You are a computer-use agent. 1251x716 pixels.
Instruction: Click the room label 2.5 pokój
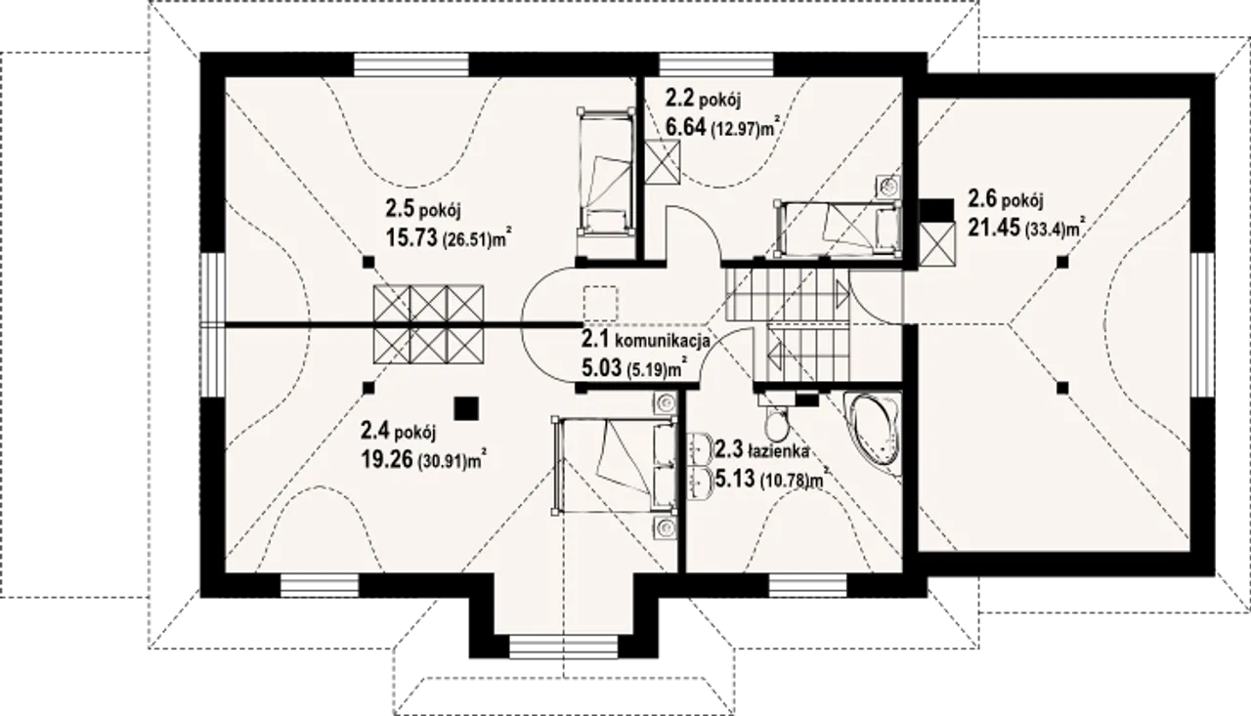[423, 210]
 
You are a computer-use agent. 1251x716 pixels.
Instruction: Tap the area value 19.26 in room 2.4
[386, 459]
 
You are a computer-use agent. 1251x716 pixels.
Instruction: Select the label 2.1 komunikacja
[646, 339]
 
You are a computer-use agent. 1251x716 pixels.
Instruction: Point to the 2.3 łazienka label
[761, 449]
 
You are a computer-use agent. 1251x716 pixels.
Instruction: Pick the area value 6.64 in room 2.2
[686, 127]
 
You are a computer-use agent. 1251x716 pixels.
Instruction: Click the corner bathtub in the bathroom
[872, 436]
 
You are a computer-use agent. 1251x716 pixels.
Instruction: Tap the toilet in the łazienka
[776, 422]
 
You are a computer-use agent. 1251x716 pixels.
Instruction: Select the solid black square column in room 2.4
[466, 408]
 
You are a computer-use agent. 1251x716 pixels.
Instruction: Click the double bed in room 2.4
[615, 465]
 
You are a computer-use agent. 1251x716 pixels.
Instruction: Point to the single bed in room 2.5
[607, 171]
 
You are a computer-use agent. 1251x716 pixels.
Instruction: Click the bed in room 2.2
[838, 230]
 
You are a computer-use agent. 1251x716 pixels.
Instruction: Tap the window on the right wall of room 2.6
[1202, 331]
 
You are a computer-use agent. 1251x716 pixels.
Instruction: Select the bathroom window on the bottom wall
[807, 585]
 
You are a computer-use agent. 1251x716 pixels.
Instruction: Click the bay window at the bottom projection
[564, 647]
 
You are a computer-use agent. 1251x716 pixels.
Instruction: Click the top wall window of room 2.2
[717, 64]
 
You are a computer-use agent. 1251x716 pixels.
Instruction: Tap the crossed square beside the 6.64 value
[663, 161]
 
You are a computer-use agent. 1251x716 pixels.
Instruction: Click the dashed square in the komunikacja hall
[600, 304]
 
